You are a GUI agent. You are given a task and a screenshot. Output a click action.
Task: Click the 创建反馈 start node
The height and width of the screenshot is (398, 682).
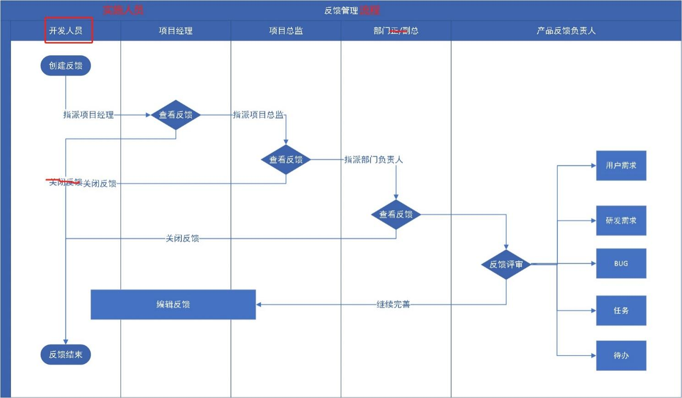[x=65, y=66]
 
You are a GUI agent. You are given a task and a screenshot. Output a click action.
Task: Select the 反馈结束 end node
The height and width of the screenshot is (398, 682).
[x=65, y=354]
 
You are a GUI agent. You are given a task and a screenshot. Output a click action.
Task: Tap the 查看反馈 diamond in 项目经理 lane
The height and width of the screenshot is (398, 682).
[x=176, y=115]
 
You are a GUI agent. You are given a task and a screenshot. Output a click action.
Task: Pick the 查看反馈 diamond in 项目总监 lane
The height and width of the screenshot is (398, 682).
[x=286, y=159]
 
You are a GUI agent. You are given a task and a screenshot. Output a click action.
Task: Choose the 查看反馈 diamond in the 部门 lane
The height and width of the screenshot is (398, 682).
[x=396, y=214]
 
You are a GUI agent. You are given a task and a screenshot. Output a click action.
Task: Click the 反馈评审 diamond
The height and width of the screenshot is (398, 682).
[x=506, y=264]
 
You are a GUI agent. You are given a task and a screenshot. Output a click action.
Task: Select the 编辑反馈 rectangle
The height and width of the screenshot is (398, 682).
[x=173, y=305]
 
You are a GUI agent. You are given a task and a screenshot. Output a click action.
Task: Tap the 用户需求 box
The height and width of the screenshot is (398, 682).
[x=621, y=165]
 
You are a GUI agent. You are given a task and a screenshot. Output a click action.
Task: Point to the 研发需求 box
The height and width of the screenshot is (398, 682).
[x=621, y=221]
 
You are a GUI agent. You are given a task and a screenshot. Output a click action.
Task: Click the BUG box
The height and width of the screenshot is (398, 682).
[x=621, y=264]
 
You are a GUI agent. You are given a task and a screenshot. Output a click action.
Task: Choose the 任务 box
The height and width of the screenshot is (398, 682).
[x=621, y=311]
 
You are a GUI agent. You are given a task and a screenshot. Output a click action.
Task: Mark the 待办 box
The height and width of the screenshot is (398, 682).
[x=621, y=355]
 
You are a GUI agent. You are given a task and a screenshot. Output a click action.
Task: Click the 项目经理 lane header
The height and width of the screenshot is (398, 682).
[x=175, y=31]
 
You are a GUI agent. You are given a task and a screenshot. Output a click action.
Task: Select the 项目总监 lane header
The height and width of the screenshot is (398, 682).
[x=286, y=31]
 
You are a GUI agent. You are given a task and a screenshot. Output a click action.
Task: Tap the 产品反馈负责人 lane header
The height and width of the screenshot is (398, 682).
[x=566, y=31]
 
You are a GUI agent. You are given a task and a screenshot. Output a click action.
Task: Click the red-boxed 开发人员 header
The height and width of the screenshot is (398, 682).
[x=66, y=31]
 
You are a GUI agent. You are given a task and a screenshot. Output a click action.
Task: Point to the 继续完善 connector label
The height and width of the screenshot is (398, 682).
[x=393, y=305]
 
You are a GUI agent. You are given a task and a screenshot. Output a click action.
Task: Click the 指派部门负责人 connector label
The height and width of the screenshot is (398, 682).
[x=373, y=159]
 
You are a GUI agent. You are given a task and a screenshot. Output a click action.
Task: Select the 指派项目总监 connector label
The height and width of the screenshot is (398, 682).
[x=258, y=114]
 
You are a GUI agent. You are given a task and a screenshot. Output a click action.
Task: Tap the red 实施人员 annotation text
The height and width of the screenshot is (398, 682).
[x=123, y=10]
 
